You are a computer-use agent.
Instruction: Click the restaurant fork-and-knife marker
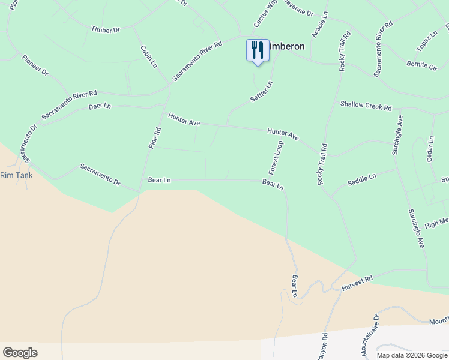coord(258,50)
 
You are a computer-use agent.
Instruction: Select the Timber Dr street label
coord(106,29)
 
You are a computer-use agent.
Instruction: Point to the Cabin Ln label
coord(148,56)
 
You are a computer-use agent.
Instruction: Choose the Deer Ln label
coord(100,106)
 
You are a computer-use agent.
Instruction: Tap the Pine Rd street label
coord(155,137)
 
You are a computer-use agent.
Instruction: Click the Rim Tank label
coord(16,175)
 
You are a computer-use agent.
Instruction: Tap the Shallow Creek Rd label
coord(366,106)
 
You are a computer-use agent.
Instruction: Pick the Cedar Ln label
coord(430,148)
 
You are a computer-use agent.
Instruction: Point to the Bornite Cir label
coord(421,64)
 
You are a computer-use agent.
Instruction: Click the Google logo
coord(20,353)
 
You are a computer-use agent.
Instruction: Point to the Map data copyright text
coord(412,355)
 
